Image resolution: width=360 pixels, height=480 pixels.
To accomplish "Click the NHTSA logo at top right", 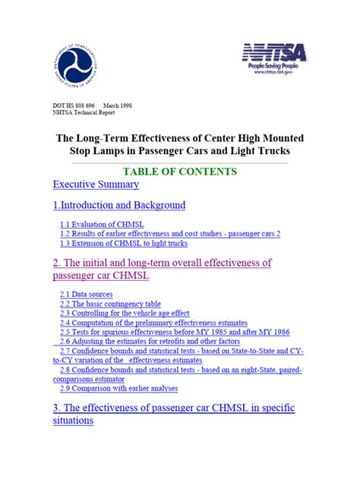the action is [x=275, y=52].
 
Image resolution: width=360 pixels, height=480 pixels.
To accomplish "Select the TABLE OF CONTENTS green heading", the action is [x=179, y=172].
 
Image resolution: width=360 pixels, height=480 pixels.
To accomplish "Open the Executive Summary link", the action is [x=96, y=185].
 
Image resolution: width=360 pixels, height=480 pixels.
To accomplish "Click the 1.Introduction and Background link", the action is [x=119, y=205].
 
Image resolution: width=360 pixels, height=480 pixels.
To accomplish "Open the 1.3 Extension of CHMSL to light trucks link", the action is [x=124, y=244].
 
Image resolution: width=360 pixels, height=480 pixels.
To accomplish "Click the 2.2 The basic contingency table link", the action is [x=110, y=303].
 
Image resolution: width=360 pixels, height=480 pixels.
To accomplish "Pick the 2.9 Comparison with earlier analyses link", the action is [x=119, y=388].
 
